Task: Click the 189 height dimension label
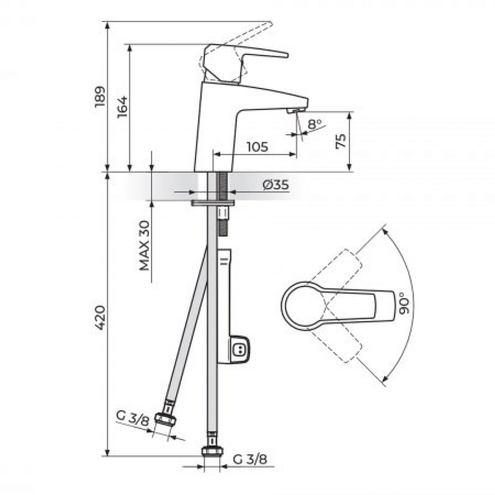pyautogui.click(x=100, y=97)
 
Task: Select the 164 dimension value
pyautogui.click(x=122, y=107)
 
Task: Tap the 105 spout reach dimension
pyautogui.click(x=257, y=147)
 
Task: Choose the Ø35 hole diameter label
pyautogui.click(x=276, y=185)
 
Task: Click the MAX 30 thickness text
pyautogui.click(x=144, y=246)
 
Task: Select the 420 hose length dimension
pyautogui.click(x=100, y=318)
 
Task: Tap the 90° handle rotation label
pyautogui.click(x=404, y=303)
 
